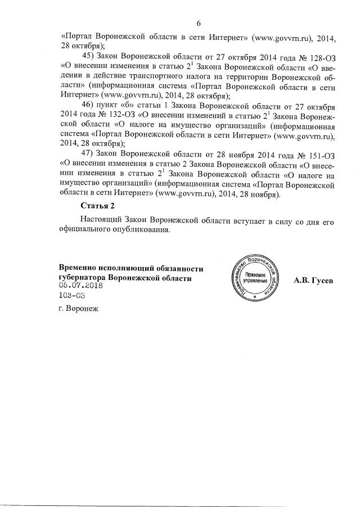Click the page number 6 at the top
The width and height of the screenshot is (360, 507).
198,23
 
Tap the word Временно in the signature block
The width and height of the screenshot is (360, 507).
78,268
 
